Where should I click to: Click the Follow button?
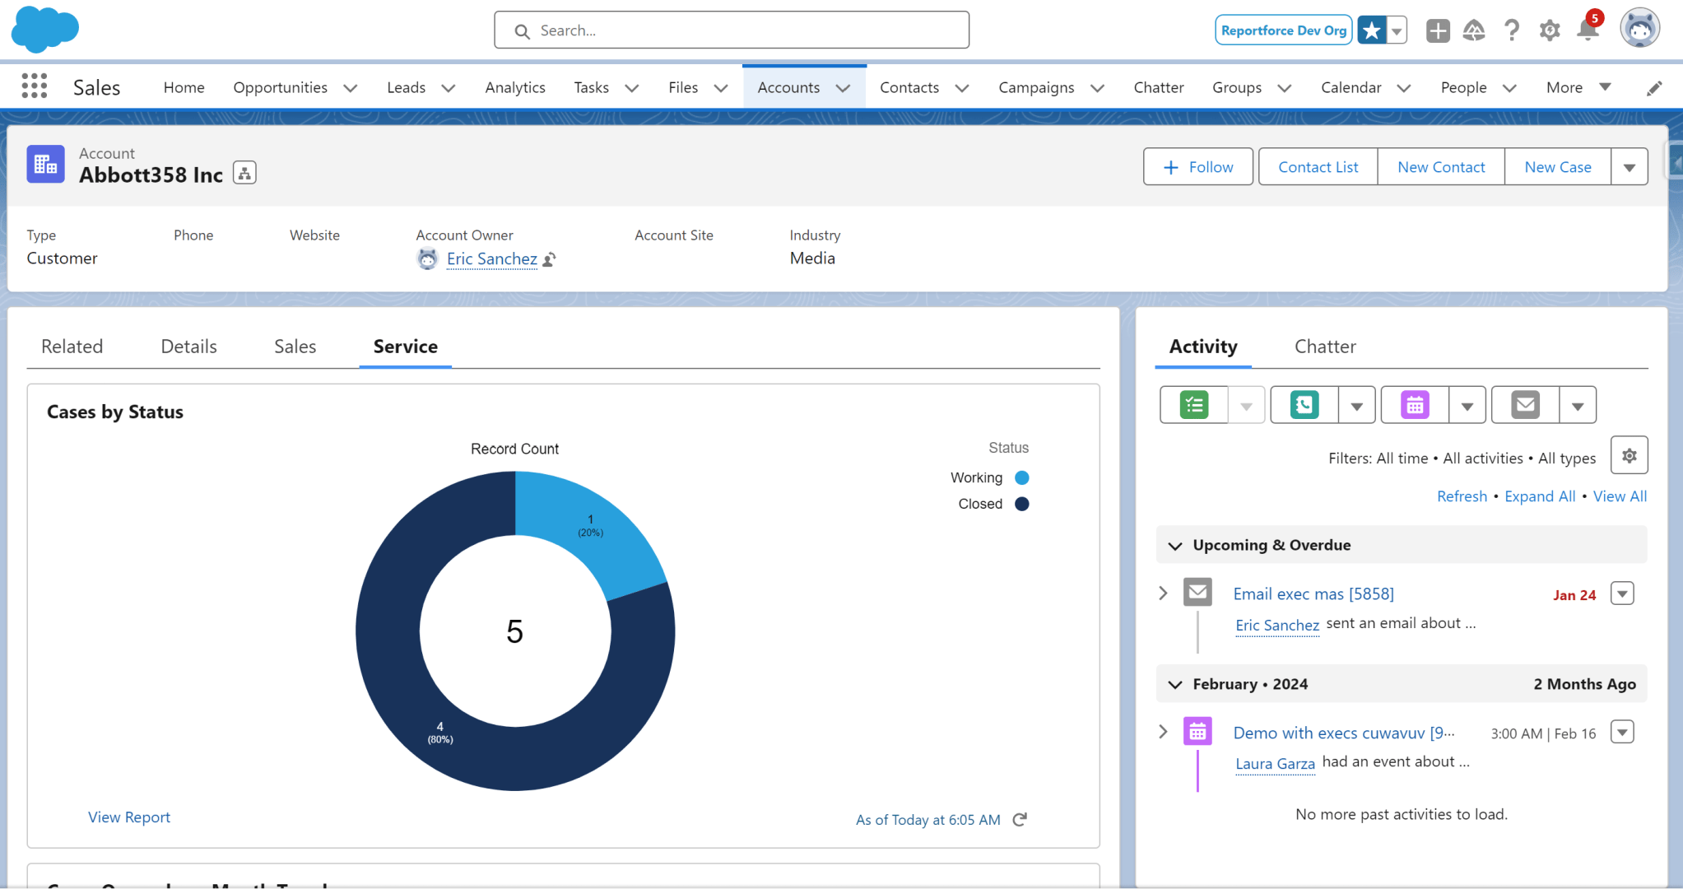pyautogui.click(x=1197, y=167)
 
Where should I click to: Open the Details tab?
pyautogui.click(x=188, y=347)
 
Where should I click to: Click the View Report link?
pyautogui.click(x=129, y=817)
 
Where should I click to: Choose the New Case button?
pyautogui.click(x=1557, y=167)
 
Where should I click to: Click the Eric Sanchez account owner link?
pyautogui.click(x=491, y=259)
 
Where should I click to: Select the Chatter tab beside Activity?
pyautogui.click(x=1325, y=347)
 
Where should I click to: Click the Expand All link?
pyautogui.click(x=1540, y=496)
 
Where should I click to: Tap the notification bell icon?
pyautogui.click(x=1587, y=31)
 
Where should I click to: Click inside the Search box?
pyautogui.click(x=731, y=30)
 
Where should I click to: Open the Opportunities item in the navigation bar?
pyautogui.click(x=280, y=87)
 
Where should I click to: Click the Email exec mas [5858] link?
pyautogui.click(x=1313, y=594)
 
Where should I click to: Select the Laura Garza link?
pyautogui.click(x=1275, y=764)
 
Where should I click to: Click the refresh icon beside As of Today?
pyautogui.click(x=1020, y=820)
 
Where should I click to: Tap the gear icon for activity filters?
pyautogui.click(x=1629, y=455)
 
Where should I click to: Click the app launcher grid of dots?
pyautogui.click(x=35, y=86)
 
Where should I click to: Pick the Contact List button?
pyautogui.click(x=1318, y=167)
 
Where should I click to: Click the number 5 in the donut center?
pyautogui.click(x=515, y=632)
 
